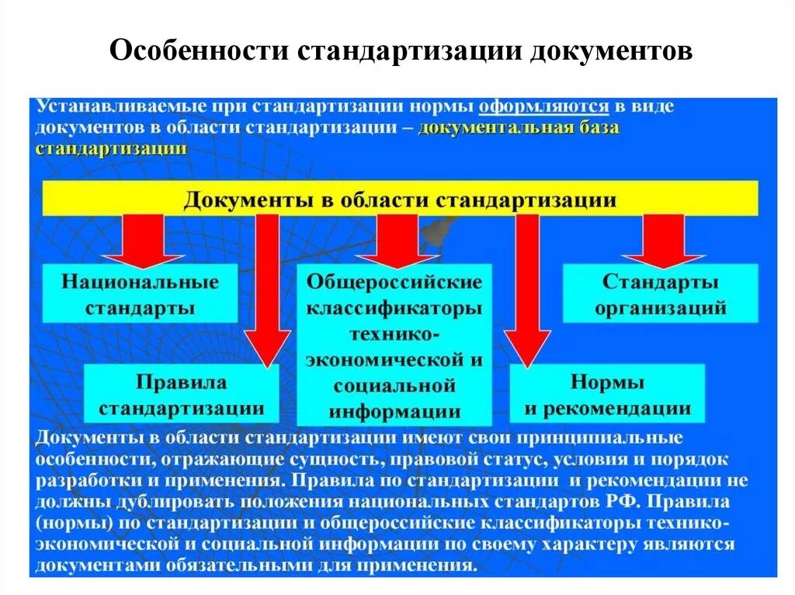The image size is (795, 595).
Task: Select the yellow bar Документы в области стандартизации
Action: [400, 199]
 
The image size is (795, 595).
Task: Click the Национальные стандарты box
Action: [140, 294]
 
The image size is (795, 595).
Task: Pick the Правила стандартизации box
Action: [181, 394]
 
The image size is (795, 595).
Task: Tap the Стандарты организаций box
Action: [660, 294]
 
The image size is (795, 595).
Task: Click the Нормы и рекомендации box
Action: [607, 394]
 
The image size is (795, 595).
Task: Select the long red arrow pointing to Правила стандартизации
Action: [267, 287]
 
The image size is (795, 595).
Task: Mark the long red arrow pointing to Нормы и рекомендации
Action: [527, 287]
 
